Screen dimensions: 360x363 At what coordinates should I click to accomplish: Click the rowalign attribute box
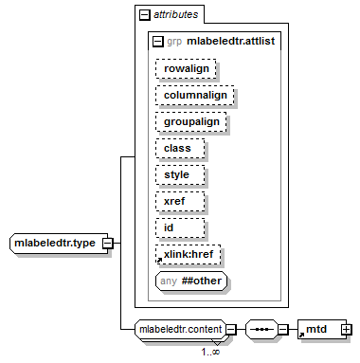(186, 68)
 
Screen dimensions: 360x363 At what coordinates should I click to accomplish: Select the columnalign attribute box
(194, 95)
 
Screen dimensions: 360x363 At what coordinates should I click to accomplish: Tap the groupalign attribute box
(190, 121)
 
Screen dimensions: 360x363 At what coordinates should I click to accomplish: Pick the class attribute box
(180, 148)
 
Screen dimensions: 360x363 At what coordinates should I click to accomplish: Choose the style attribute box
(180, 174)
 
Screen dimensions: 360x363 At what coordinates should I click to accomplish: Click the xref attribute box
(180, 201)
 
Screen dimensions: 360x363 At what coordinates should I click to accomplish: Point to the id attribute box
(180, 227)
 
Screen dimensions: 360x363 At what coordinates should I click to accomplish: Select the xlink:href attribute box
(188, 254)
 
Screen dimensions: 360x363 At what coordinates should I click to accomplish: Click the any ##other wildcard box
(191, 281)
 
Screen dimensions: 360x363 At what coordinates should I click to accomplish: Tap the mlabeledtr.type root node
(59, 244)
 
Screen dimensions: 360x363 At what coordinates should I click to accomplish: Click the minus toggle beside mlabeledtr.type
(108, 244)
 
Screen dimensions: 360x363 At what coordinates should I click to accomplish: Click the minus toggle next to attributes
(145, 15)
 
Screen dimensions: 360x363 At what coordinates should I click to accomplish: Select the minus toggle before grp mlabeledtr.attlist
(158, 42)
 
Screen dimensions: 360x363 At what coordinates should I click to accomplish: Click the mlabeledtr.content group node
(181, 329)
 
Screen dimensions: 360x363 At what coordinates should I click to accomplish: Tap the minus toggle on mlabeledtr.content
(231, 330)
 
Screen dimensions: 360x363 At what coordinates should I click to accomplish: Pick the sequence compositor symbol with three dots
(262, 330)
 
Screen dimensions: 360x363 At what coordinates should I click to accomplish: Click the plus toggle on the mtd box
(347, 330)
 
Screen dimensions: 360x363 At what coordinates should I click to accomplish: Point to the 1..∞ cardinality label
(210, 352)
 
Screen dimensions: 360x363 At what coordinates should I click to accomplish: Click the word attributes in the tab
(176, 14)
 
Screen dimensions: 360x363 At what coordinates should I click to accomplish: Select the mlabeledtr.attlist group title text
(231, 41)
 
